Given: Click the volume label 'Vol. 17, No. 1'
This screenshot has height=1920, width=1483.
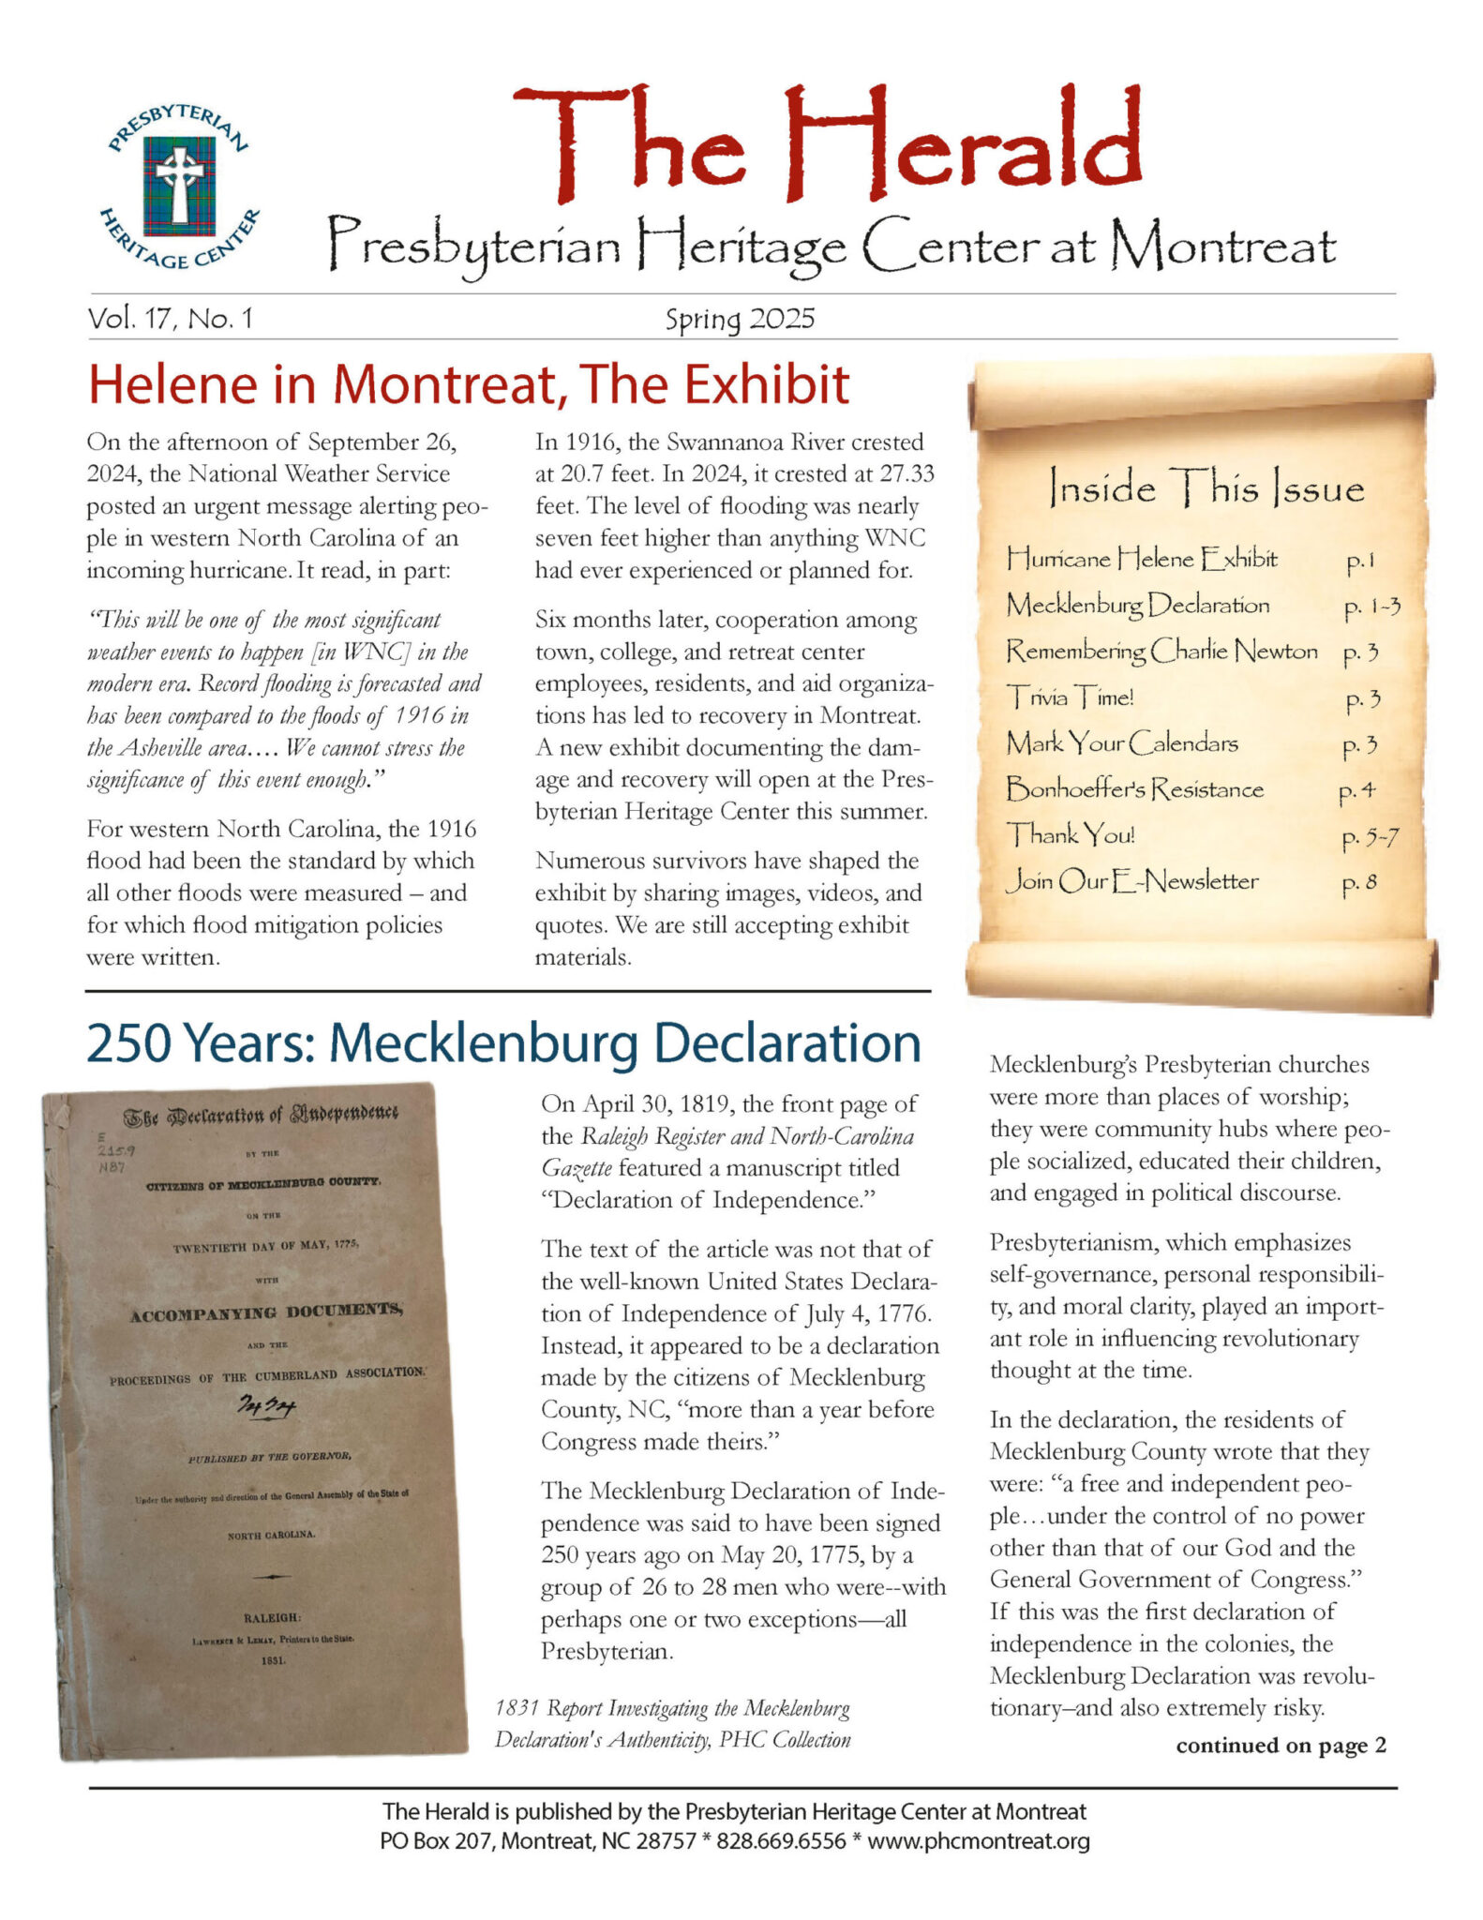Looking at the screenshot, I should (170, 319).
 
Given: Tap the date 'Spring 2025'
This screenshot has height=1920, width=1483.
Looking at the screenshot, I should (740, 320).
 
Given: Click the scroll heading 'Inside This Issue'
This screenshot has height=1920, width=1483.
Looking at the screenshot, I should (1206, 488).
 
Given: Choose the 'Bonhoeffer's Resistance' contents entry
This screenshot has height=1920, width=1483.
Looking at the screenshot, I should (1134, 789).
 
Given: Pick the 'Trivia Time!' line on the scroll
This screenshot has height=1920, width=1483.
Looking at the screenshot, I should (1070, 697).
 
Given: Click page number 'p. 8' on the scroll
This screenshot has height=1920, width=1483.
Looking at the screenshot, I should (1358, 882).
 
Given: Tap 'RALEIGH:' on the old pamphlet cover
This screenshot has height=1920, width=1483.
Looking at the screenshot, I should (271, 1618).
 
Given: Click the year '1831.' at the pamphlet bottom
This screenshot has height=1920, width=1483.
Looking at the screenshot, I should (271, 1659).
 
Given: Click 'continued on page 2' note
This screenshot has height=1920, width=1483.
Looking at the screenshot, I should (1281, 1746).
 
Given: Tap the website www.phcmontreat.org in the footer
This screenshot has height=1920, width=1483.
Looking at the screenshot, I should (978, 1841).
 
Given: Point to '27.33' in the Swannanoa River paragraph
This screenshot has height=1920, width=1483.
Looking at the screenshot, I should (903, 474).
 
